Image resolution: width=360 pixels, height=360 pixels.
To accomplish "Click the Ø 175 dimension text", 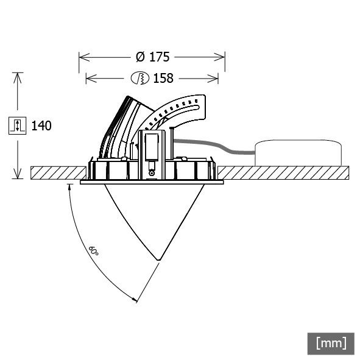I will pyautogui.click(x=152, y=57).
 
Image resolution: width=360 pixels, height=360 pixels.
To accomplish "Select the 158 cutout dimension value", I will pyautogui.click(x=163, y=78).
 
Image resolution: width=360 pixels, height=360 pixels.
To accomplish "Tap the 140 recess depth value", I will pyautogui.click(x=41, y=126).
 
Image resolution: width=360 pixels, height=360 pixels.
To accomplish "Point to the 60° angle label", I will pyautogui.click(x=94, y=250).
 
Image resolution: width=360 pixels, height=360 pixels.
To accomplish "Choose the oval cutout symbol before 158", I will pyautogui.click(x=141, y=78).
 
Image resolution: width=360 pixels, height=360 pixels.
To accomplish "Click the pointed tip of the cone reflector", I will pyautogui.click(x=158, y=260).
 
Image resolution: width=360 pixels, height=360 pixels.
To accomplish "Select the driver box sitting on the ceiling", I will pyautogui.click(x=298, y=152).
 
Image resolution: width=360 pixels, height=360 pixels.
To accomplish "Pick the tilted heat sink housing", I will pyautogui.click(x=122, y=125).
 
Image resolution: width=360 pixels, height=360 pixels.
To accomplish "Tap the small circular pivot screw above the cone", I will pyautogui.click(x=151, y=174).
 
